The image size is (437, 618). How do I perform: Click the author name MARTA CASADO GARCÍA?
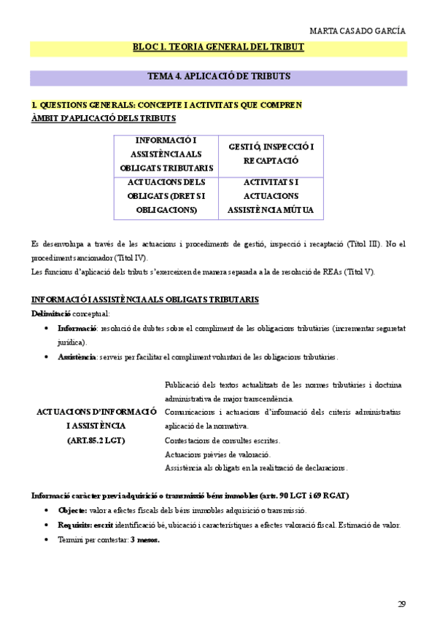tap(357, 31)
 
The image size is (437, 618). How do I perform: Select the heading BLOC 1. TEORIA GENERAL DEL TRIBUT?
tap(218, 47)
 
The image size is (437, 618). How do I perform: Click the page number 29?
tap(401, 603)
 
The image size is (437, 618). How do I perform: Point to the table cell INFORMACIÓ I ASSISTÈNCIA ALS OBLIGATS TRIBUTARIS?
tap(166, 154)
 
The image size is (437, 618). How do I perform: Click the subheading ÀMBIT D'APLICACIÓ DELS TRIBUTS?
tap(103, 118)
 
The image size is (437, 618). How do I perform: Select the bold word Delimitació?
tap(51, 313)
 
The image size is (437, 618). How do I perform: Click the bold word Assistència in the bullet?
tap(77, 357)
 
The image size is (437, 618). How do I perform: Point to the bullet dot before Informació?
tap(47, 328)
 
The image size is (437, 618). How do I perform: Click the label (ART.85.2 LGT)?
tap(96, 439)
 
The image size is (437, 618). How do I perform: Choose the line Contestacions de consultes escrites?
tap(222, 440)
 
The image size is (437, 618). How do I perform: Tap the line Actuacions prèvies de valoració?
tap(218, 454)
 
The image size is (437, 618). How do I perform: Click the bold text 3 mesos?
tap(144, 539)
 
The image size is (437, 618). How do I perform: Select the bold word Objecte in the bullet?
tap(72, 510)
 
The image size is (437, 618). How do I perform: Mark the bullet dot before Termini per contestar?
tap(47, 539)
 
